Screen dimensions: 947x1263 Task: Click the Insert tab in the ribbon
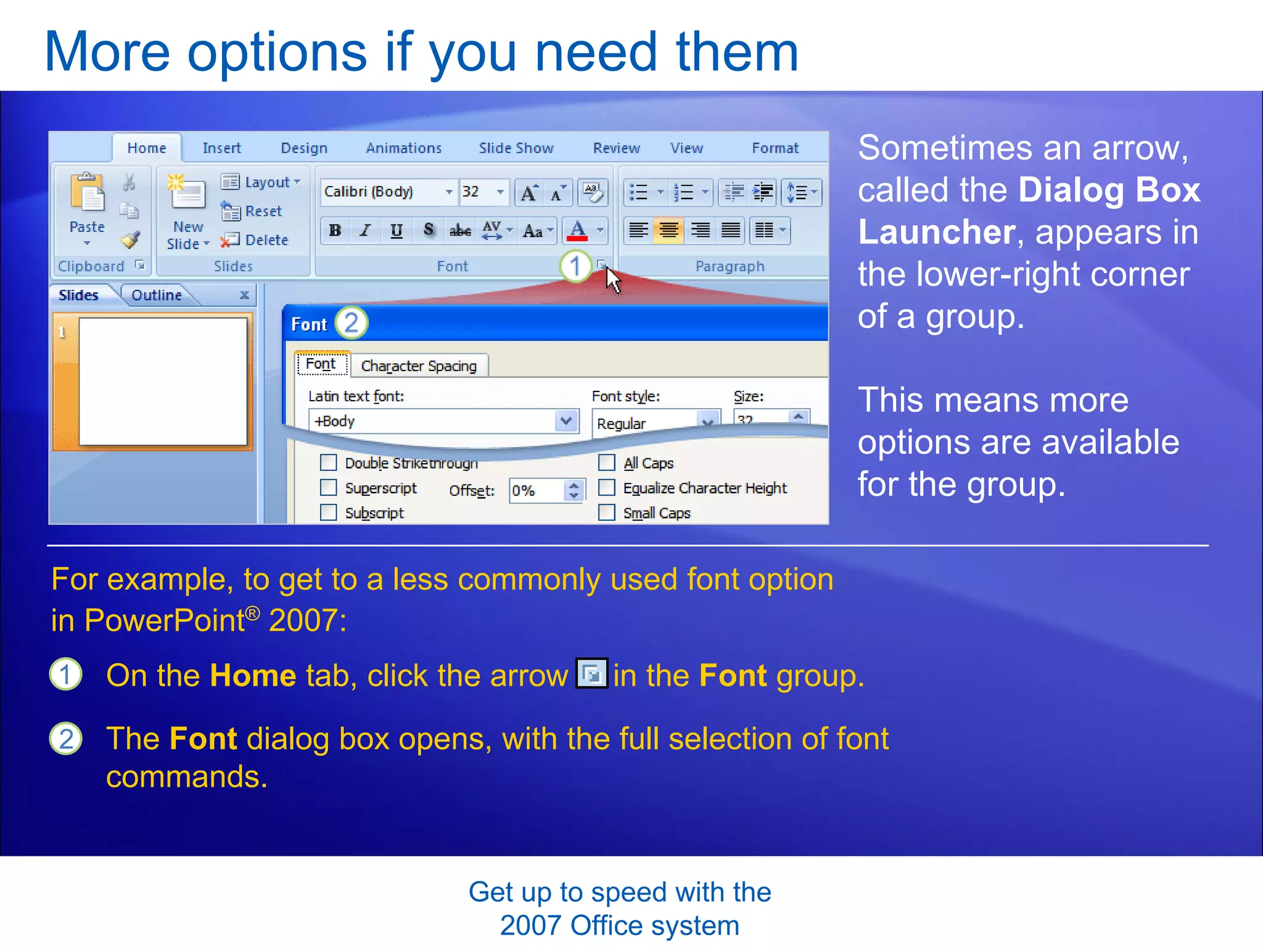pyautogui.click(x=221, y=148)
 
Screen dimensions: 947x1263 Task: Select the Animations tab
pyautogui.click(x=403, y=148)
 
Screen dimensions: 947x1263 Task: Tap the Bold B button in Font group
pyautogui.click(x=335, y=231)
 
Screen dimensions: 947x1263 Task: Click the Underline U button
pyautogui.click(x=397, y=231)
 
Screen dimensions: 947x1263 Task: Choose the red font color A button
pyautogui.click(x=578, y=231)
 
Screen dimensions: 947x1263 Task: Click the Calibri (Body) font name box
pyautogui.click(x=382, y=192)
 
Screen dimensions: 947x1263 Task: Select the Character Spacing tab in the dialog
pyautogui.click(x=419, y=366)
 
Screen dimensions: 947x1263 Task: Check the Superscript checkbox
pyautogui.click(x=329, y=488)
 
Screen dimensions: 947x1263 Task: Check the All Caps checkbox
pyautogui.click(x=607, y=462)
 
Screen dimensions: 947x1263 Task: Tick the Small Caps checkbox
pyautogui.click(x=607, y=513)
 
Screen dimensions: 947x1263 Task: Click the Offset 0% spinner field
pyautogui.click(x=535, y=491)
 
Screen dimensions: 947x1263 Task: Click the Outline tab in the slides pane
pyautogui.click(x=157, y=295)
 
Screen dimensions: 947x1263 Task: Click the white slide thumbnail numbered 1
pyautogui.click(x=163, y=381)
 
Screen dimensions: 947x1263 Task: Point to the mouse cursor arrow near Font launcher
pyautogui.click(x=612, y=280)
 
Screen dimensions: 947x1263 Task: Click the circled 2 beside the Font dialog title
pyautogui.click(x=352, y=322)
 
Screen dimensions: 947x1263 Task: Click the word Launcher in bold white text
pyautogui.click(x=936, y=232)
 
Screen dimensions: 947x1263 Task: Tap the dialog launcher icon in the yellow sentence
pyautogui.click(x=591, y=674)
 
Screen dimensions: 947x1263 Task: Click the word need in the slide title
pyautogui.click(x=596, y=52)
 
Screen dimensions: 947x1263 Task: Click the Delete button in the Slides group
pyautogui.click(x=266, y=240)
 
